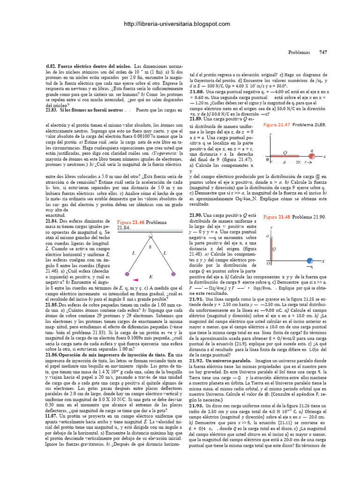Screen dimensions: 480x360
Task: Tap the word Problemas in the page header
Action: tap(299, 53)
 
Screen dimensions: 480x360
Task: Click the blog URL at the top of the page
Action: tap(177, 24)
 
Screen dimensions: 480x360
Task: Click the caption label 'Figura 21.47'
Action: tap(277, 125)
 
